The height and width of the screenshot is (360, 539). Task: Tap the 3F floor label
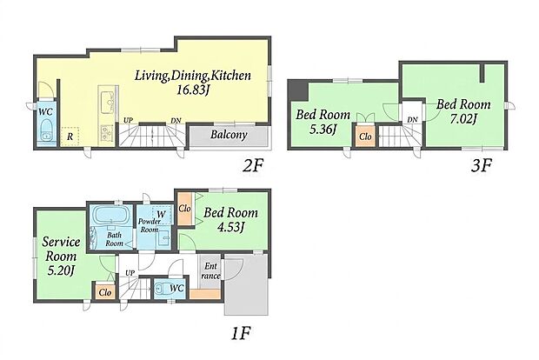(482, 166)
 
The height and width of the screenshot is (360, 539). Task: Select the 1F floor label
(241, 333)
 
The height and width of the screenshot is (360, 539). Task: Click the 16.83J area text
(193, 90)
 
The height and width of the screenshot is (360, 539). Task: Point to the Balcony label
(229, 135)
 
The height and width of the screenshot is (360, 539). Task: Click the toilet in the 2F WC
(45, 130)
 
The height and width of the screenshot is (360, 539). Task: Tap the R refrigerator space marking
(70, 137)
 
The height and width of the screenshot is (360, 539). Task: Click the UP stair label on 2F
(129, 121)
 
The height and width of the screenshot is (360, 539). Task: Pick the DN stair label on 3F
(412, 120)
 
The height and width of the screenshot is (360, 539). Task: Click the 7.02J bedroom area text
(463, 118)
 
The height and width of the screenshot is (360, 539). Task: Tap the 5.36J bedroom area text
(323, 130)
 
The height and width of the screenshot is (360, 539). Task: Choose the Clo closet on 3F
(365, 137)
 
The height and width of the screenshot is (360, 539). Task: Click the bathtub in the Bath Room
(110, 216)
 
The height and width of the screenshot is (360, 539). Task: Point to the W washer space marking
(161, 216)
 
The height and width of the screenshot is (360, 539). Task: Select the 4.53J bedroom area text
(230, 227)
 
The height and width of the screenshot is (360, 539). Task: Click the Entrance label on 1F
(210, 271)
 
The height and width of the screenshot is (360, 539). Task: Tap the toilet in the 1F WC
(162, 288)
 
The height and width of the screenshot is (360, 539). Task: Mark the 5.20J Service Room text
(61, 271)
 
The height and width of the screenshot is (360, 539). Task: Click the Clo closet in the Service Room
(105, 292)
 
